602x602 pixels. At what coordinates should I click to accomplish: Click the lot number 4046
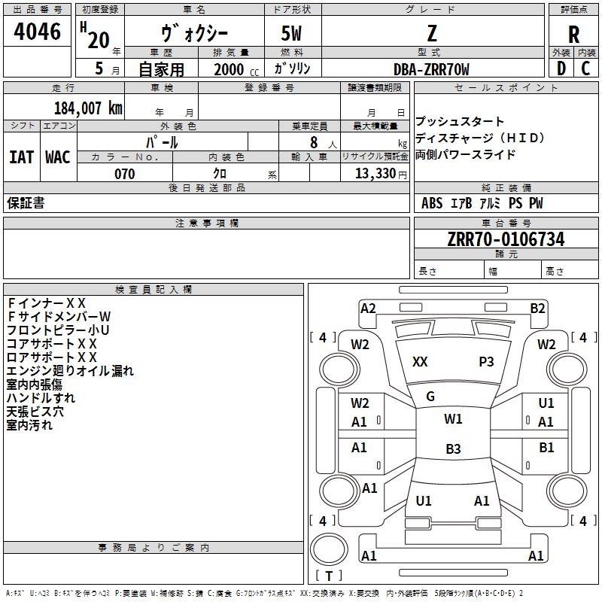pos(37,31)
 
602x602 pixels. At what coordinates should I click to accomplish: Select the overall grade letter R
pos(573,35)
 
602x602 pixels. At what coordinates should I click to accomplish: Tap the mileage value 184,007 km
pos(88,108)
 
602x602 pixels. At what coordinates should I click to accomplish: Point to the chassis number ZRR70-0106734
pos(506,239)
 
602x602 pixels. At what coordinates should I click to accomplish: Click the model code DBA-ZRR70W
pos(431,69)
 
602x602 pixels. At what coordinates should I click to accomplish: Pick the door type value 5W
pos(291,33)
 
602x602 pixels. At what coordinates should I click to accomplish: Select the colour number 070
pos(125,174)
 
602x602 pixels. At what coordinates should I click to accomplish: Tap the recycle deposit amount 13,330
pos(375,174)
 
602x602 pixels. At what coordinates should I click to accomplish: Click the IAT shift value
pos(21,157)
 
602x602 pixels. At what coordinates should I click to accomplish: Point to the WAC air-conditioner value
pos(58,157)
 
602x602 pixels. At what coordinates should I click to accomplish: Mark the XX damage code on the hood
pos(420,362)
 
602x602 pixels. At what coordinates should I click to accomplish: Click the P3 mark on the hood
pos(486,362)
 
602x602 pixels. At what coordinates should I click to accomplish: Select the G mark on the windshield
pos(430,397)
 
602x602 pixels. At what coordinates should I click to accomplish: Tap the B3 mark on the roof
pos(453,448)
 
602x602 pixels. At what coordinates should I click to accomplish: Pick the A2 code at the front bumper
pos(368,309)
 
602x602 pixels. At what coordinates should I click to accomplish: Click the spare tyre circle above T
pos(329,549)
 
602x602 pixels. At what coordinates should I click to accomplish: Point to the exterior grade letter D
pos(561,68)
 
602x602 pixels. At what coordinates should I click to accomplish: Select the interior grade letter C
pos(585,68)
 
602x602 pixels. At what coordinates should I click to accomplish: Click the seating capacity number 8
pos(314,142)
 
